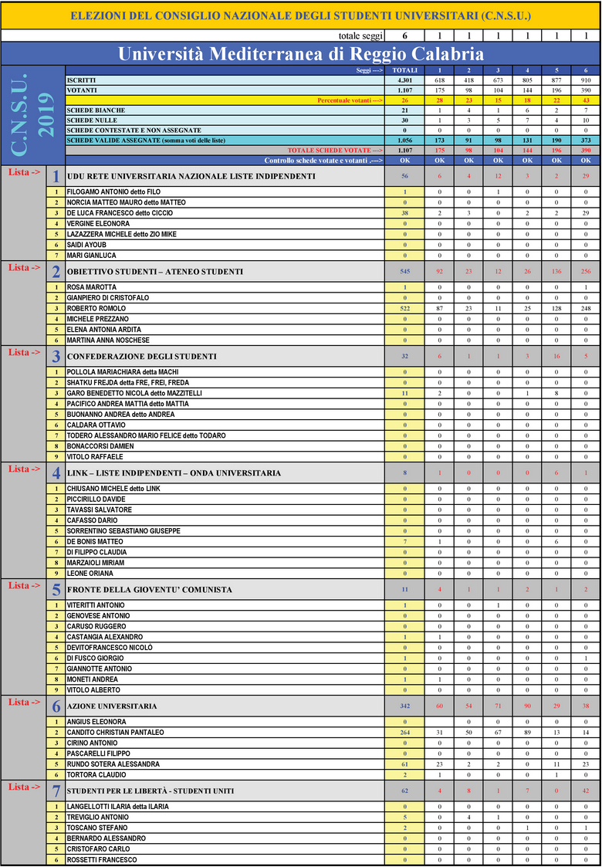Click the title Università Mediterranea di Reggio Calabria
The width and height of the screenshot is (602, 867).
[300, 53]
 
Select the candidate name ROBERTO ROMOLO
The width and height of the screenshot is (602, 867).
[96, 308]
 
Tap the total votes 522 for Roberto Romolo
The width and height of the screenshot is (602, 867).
[404, 308]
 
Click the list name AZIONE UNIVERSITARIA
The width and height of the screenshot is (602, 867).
[113, 706]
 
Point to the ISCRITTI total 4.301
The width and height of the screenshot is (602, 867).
[404, 80]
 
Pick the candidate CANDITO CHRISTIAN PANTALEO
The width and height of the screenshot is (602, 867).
[115, 732]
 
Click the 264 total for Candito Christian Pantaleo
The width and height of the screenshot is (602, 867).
[404, 732]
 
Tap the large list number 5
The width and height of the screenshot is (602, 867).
[56, 591]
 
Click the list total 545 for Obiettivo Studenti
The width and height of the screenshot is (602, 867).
[404, 272]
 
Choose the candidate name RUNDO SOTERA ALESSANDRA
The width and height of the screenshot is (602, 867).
[113, 764]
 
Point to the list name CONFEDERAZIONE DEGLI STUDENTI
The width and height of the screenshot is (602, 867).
[142, 357]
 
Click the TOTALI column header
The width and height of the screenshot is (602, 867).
[404, 70]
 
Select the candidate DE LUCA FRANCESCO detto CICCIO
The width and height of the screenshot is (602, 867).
[120, 212]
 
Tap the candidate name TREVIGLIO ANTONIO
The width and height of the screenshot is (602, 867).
[97, 817]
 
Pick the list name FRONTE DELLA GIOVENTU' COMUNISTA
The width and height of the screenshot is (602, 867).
[150, 590]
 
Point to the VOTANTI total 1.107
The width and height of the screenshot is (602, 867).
[404, 90]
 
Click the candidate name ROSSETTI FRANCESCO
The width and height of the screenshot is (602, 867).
[102, 859]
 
